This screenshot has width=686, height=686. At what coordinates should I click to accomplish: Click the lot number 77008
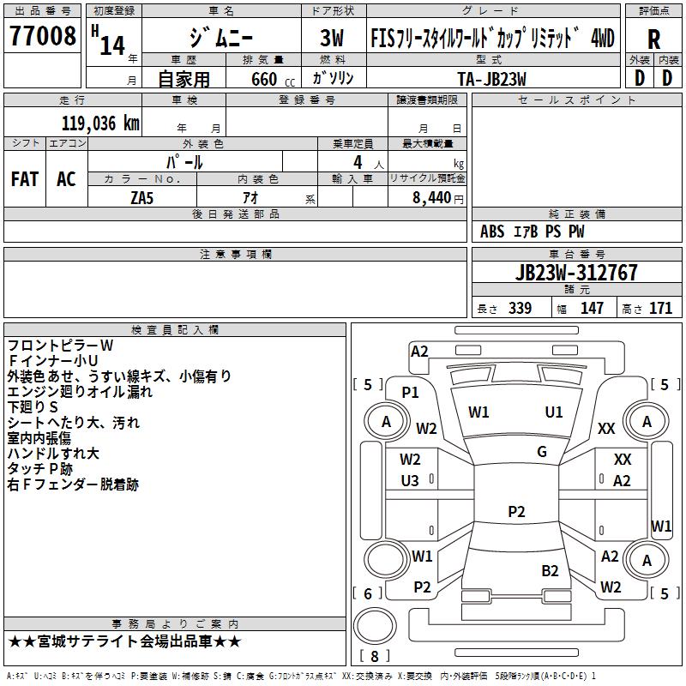[42, 36]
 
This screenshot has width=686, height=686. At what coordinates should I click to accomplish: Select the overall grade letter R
[653, 39]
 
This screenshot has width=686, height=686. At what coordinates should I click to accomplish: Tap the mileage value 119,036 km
[100, 123]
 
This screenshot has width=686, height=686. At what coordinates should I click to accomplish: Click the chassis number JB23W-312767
[576, 273]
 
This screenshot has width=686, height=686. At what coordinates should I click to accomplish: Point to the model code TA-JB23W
[491, 79]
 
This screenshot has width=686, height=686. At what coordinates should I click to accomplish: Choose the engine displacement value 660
[264, 79]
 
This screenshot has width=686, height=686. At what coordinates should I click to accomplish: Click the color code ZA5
[141, 198]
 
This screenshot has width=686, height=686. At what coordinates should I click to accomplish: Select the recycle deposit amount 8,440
[431, 198]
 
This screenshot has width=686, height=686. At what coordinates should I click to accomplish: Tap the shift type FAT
[25, 179]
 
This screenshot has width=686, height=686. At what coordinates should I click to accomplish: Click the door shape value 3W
[332, 38]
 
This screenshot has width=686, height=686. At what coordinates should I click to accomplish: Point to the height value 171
[660, 309]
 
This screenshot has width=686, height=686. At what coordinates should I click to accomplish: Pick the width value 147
[592, 309]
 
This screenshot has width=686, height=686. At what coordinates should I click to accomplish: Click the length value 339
[520, 309]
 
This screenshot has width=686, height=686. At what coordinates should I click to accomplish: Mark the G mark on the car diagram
[542, 452]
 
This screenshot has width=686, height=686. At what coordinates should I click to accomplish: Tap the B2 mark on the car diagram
[550, 571]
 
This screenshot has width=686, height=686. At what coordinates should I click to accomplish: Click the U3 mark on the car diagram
[410, 481]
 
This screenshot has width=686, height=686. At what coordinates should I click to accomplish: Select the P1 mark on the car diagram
[411, 393]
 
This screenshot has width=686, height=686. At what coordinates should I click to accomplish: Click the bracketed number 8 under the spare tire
[375, 656]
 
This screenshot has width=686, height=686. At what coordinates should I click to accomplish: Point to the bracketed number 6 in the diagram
[368, 593]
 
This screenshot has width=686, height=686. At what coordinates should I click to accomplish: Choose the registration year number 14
[112, 46]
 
